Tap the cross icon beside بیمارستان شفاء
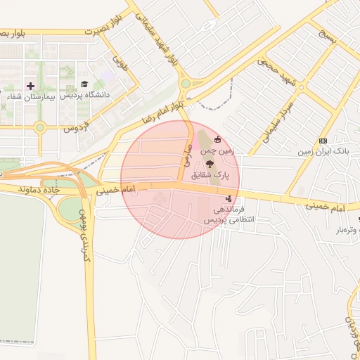tap(30, 85)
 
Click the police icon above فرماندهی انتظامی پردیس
tap(229, 199)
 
